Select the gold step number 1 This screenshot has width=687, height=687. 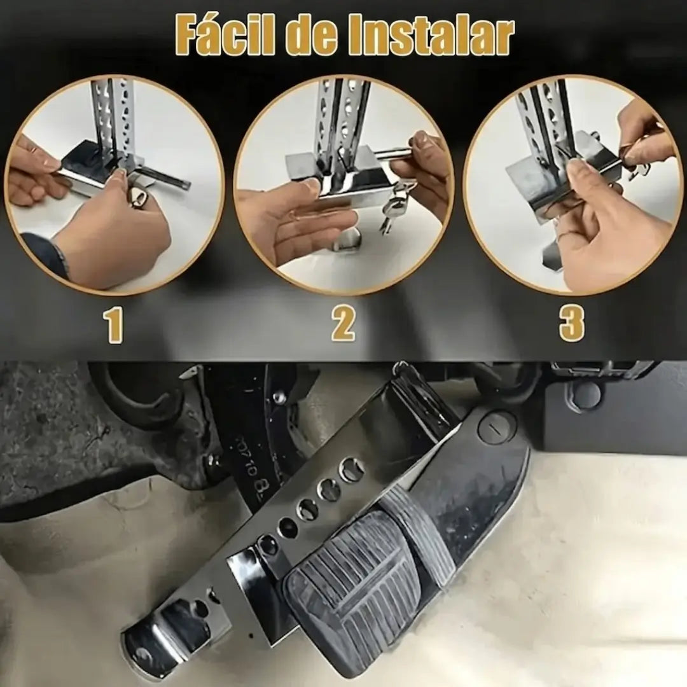[x=113, y=324]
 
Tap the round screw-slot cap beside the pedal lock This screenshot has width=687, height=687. [x=496, y=427]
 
